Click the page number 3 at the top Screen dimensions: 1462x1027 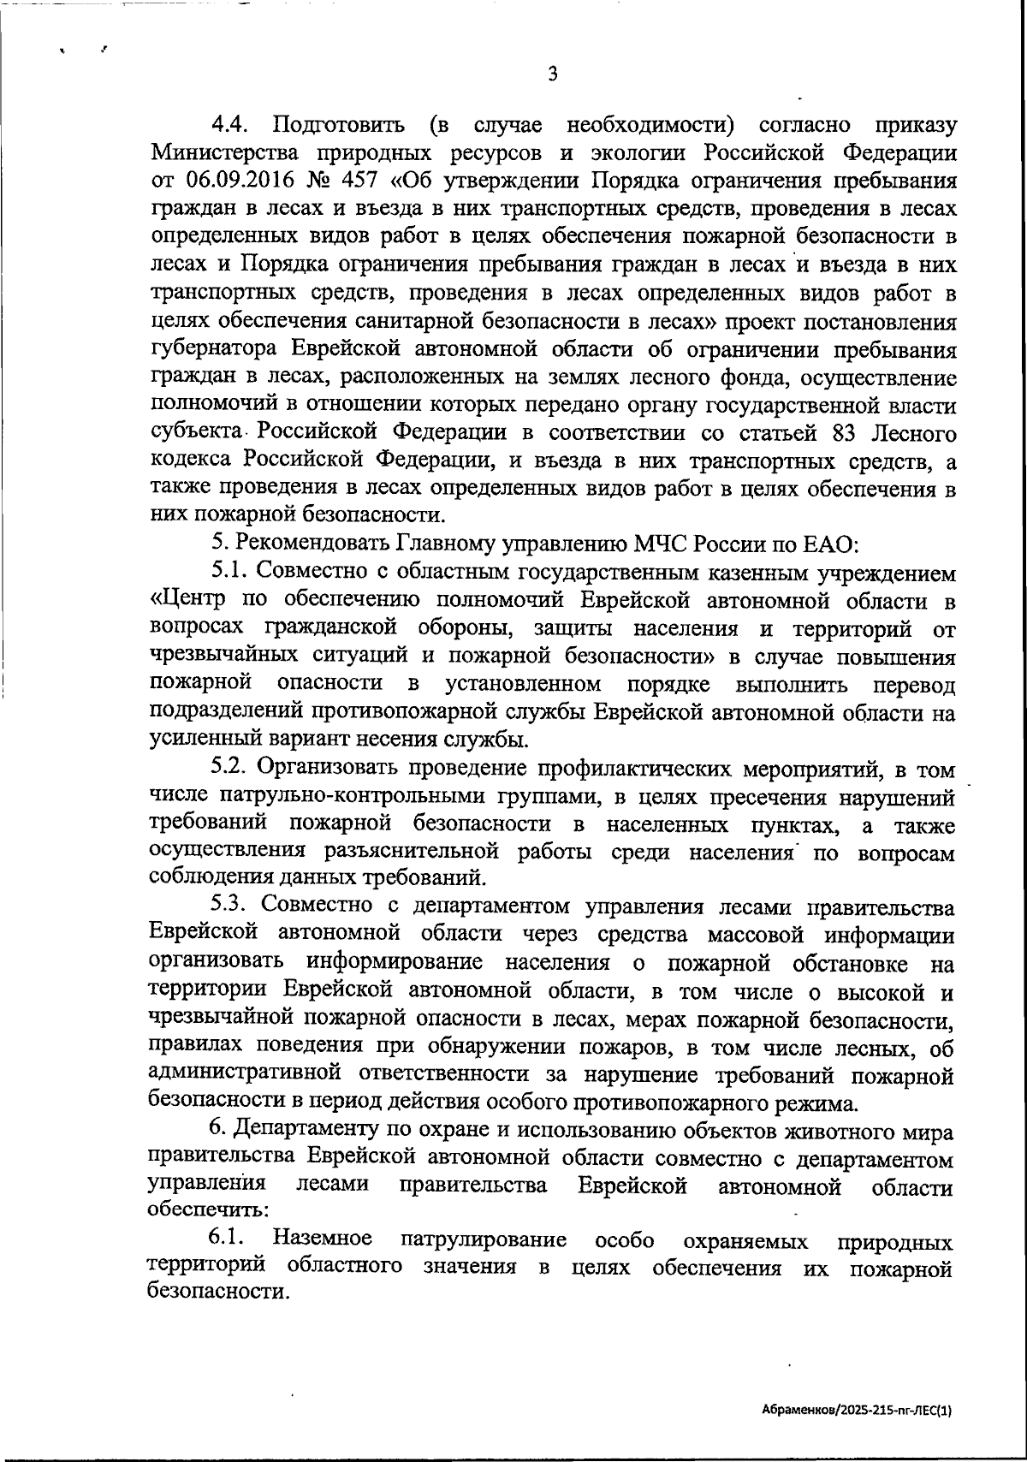click(553, 74)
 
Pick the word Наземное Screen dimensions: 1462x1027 click(323, 1239)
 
